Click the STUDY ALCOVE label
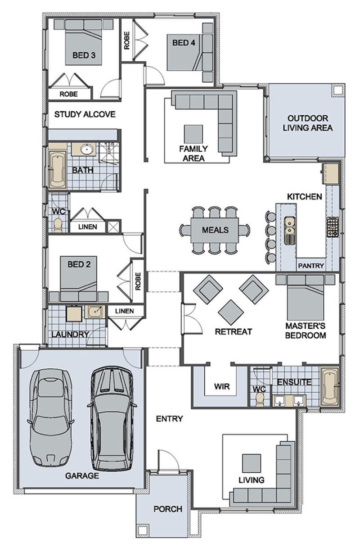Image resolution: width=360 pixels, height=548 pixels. coord(85,114)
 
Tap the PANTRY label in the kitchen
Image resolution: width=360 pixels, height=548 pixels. coord(311,265)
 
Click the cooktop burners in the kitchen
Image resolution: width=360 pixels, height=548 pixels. coord(333,227)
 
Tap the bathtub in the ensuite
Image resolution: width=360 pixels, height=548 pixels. coord(329,387)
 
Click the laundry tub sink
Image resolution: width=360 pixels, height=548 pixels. coord(95,312)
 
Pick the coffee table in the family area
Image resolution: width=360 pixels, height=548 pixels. coord(193,134)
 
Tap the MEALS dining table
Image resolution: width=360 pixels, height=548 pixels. coord(215,230)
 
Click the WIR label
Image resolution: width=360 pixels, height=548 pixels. coord(222,387)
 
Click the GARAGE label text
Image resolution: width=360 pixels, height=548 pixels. coord(82,476)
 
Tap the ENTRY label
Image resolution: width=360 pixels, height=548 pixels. coord(169,419)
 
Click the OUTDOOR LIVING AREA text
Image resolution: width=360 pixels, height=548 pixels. coord(307,123)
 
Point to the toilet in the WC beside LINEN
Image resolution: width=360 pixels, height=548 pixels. coord(58,226)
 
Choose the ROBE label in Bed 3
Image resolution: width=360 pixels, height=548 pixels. coord(68,94)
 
